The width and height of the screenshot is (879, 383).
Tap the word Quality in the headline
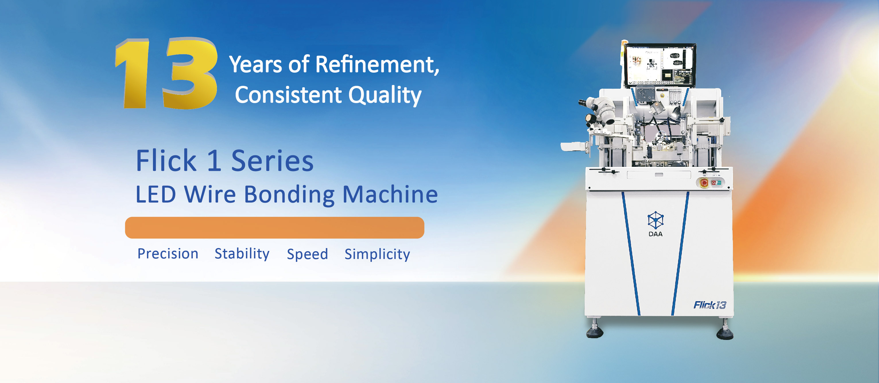(x=385, y=95)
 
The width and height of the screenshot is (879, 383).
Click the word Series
(x=272, y=161)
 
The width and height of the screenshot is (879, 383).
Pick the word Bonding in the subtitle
(x=289, y=195)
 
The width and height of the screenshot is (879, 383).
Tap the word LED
(x=156, y=194)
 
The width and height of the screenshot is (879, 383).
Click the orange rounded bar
(x=275, y=228)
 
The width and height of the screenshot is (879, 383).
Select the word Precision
(x=168, y=254)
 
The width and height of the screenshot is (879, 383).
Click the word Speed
(x=307, y=254)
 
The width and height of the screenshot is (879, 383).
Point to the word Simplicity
(x=377, y=254)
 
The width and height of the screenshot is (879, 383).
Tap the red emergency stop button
(x=704, y=183)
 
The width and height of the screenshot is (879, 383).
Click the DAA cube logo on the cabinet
(x=655, y=220)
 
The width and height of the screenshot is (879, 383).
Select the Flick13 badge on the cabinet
(x=710, y=305)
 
